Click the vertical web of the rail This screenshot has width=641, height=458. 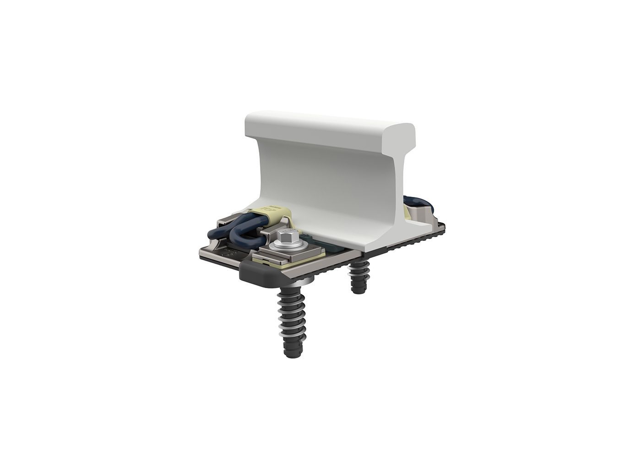pyautogui.click(x=330, y=179)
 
